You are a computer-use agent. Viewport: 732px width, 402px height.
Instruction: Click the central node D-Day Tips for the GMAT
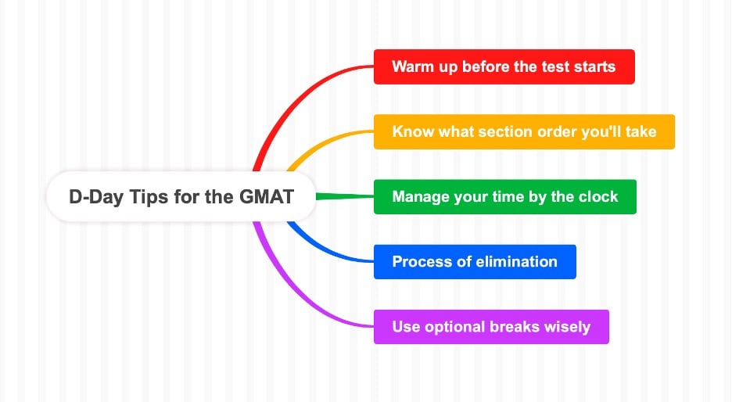pos(181,196)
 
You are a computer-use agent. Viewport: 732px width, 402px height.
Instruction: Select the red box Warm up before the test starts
pos(504,66)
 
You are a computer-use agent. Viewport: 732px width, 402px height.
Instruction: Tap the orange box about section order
pos(523,131)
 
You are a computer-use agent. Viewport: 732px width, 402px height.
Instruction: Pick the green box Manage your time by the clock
pos(504,196)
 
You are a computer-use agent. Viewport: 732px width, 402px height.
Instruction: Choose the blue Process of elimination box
pos(475,261)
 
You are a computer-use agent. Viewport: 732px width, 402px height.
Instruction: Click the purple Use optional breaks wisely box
pos(490,326)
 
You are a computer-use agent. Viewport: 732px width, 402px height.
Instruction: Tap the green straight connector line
pos(344,196)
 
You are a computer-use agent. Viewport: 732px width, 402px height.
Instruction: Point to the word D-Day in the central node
pos(92,196)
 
